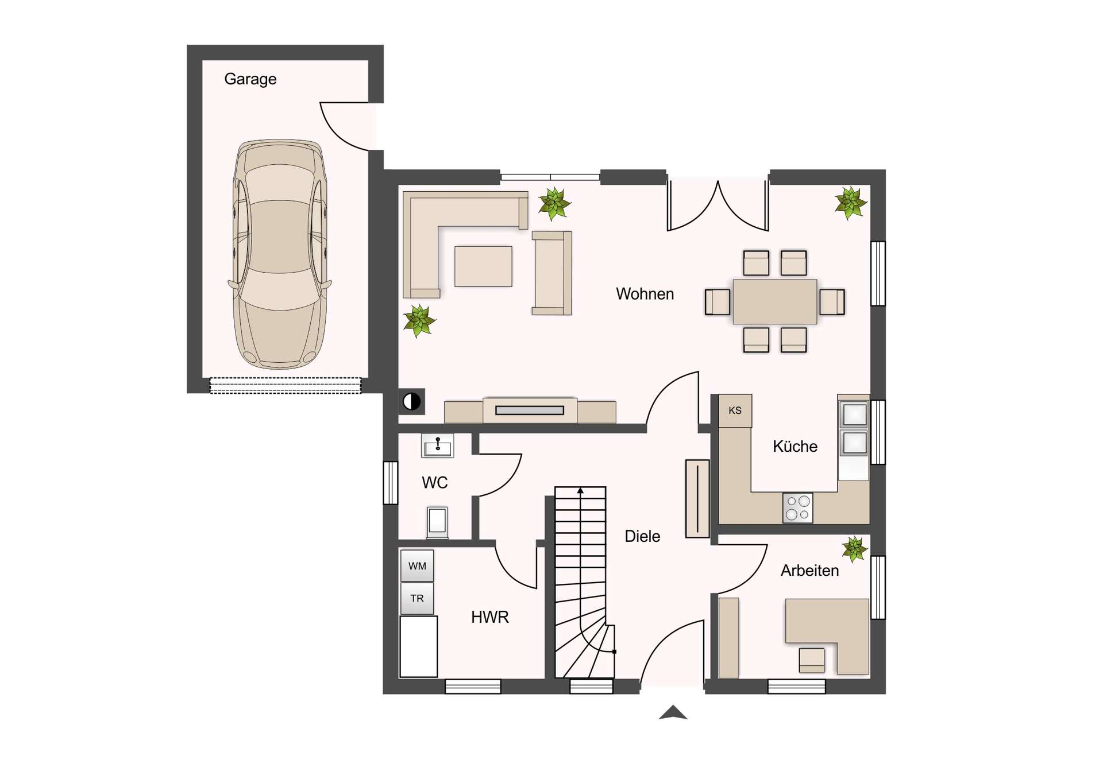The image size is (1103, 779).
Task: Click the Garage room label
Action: pyautogui.click(x=250, y=79)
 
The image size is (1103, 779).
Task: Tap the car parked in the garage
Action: pyautogui.click(x=280, y=254)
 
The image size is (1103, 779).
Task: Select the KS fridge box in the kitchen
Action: pyautogui.click(x=735, y=410)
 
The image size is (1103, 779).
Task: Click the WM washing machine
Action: pyautogui.click(x=417, y=566)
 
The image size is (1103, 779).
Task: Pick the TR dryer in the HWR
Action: pyautogui.click(x=417, y=598)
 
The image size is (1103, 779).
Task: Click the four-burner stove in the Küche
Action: pyautogui.click(x=797, y=507)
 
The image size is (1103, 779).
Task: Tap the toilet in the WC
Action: pyautogui.click(x=437, y=522)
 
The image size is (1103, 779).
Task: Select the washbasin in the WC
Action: pyautogui.click(x=438, y=445)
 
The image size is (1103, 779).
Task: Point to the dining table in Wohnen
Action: pyautogui.click(x=775, y=302)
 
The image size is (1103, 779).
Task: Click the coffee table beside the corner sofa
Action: pyautogui.click(x=483, y=266)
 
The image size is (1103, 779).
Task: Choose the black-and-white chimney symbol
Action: pyautogui.click(x=412, y=402)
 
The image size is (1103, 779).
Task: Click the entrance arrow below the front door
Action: pyautogui.click(x=673, y=712)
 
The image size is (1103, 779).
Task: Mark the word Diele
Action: pyautogui.click(x=642, y=536)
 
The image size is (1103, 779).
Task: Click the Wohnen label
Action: pyautogui.click(x=645, y=294)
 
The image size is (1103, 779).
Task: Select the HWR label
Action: pyautogui.click(x=489, y=617)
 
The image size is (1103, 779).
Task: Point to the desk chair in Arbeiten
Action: pyautogui.click(x=812, y=660)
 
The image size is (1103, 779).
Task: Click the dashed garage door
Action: pyautogui.click(x=286, y=385)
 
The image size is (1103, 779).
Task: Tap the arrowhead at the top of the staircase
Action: pyautogui.click(x=581, y=491)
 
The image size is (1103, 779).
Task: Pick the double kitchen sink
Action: pyautogui.click(x=854, y=429)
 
